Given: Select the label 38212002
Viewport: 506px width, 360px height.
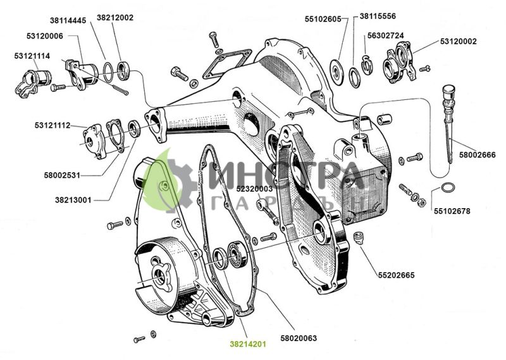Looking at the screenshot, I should coord(115,18).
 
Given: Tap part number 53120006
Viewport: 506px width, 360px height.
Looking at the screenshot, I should coord(44,36).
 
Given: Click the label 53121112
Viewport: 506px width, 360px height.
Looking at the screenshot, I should coord(52,125).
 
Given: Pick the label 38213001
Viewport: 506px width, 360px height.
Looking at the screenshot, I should coord(73,200).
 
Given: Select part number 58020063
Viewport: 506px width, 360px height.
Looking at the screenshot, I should coord(298,338).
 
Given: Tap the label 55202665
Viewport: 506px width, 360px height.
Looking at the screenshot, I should coord(397,275).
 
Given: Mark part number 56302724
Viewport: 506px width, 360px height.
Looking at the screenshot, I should coord(386,35).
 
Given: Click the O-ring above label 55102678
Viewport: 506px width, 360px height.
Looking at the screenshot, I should coord(447,187).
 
